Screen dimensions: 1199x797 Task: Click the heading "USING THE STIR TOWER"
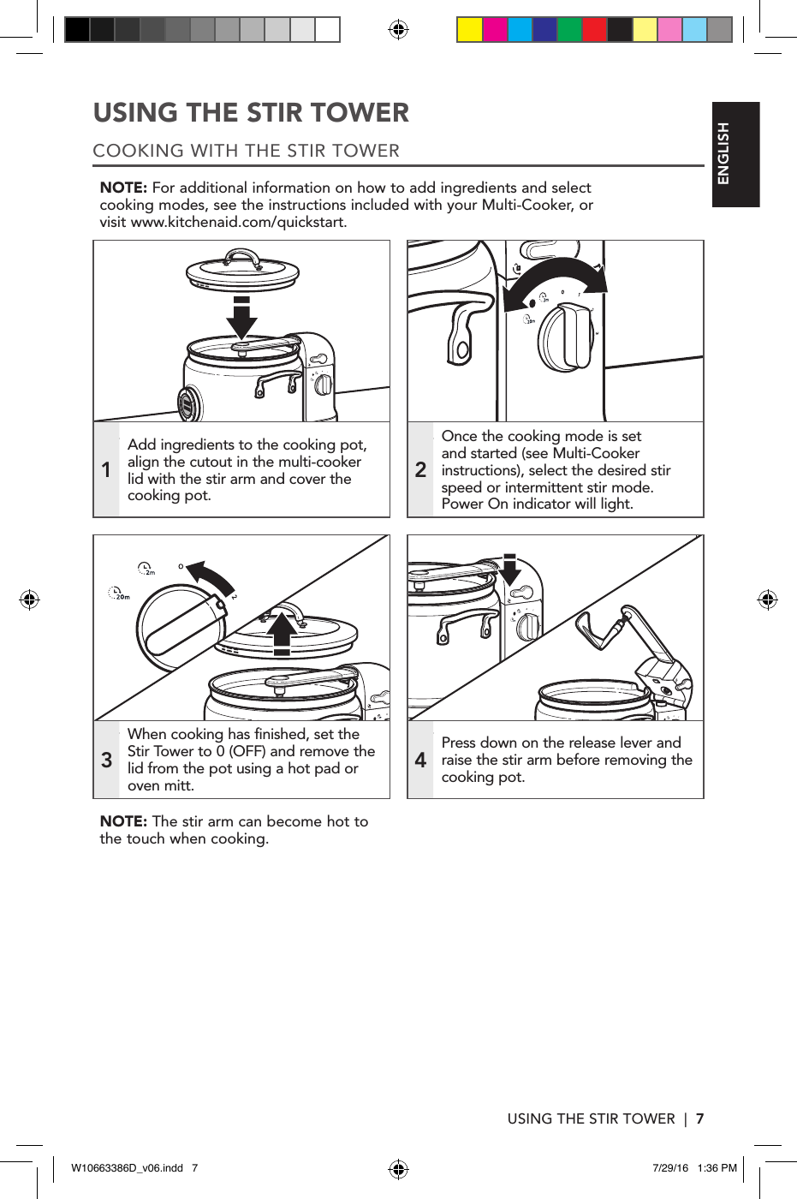(x=251, y=113)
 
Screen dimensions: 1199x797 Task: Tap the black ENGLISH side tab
(x=735, y=154)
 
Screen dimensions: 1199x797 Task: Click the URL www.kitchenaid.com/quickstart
(x=238, y=223)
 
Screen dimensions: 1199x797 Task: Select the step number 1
(x=106, y=469)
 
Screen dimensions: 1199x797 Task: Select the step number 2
(x=420, y=469)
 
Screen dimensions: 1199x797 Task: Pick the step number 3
(x=106, y=760)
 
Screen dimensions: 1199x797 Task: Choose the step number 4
(x=420, y=760)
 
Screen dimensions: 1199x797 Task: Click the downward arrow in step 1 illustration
(x=241, y=318)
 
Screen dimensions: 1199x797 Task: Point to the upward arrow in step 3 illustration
(x=282, y=635)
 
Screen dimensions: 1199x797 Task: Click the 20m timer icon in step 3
(x=119, y=594)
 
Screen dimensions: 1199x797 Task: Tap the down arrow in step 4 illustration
(x=510, y=570)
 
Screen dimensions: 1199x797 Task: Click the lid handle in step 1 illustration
(x=242, y=258)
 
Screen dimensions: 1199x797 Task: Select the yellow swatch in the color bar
(x=469, y=30)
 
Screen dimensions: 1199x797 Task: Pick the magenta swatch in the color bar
(x=495, y=30)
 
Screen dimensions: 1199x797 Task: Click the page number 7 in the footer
(x=699, y=1118)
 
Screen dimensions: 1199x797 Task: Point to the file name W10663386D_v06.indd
(x=127, y=1168)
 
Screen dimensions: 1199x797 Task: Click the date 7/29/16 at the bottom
(x=669, y=1168)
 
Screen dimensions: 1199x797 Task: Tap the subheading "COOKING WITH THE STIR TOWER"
(x=246, y=151)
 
